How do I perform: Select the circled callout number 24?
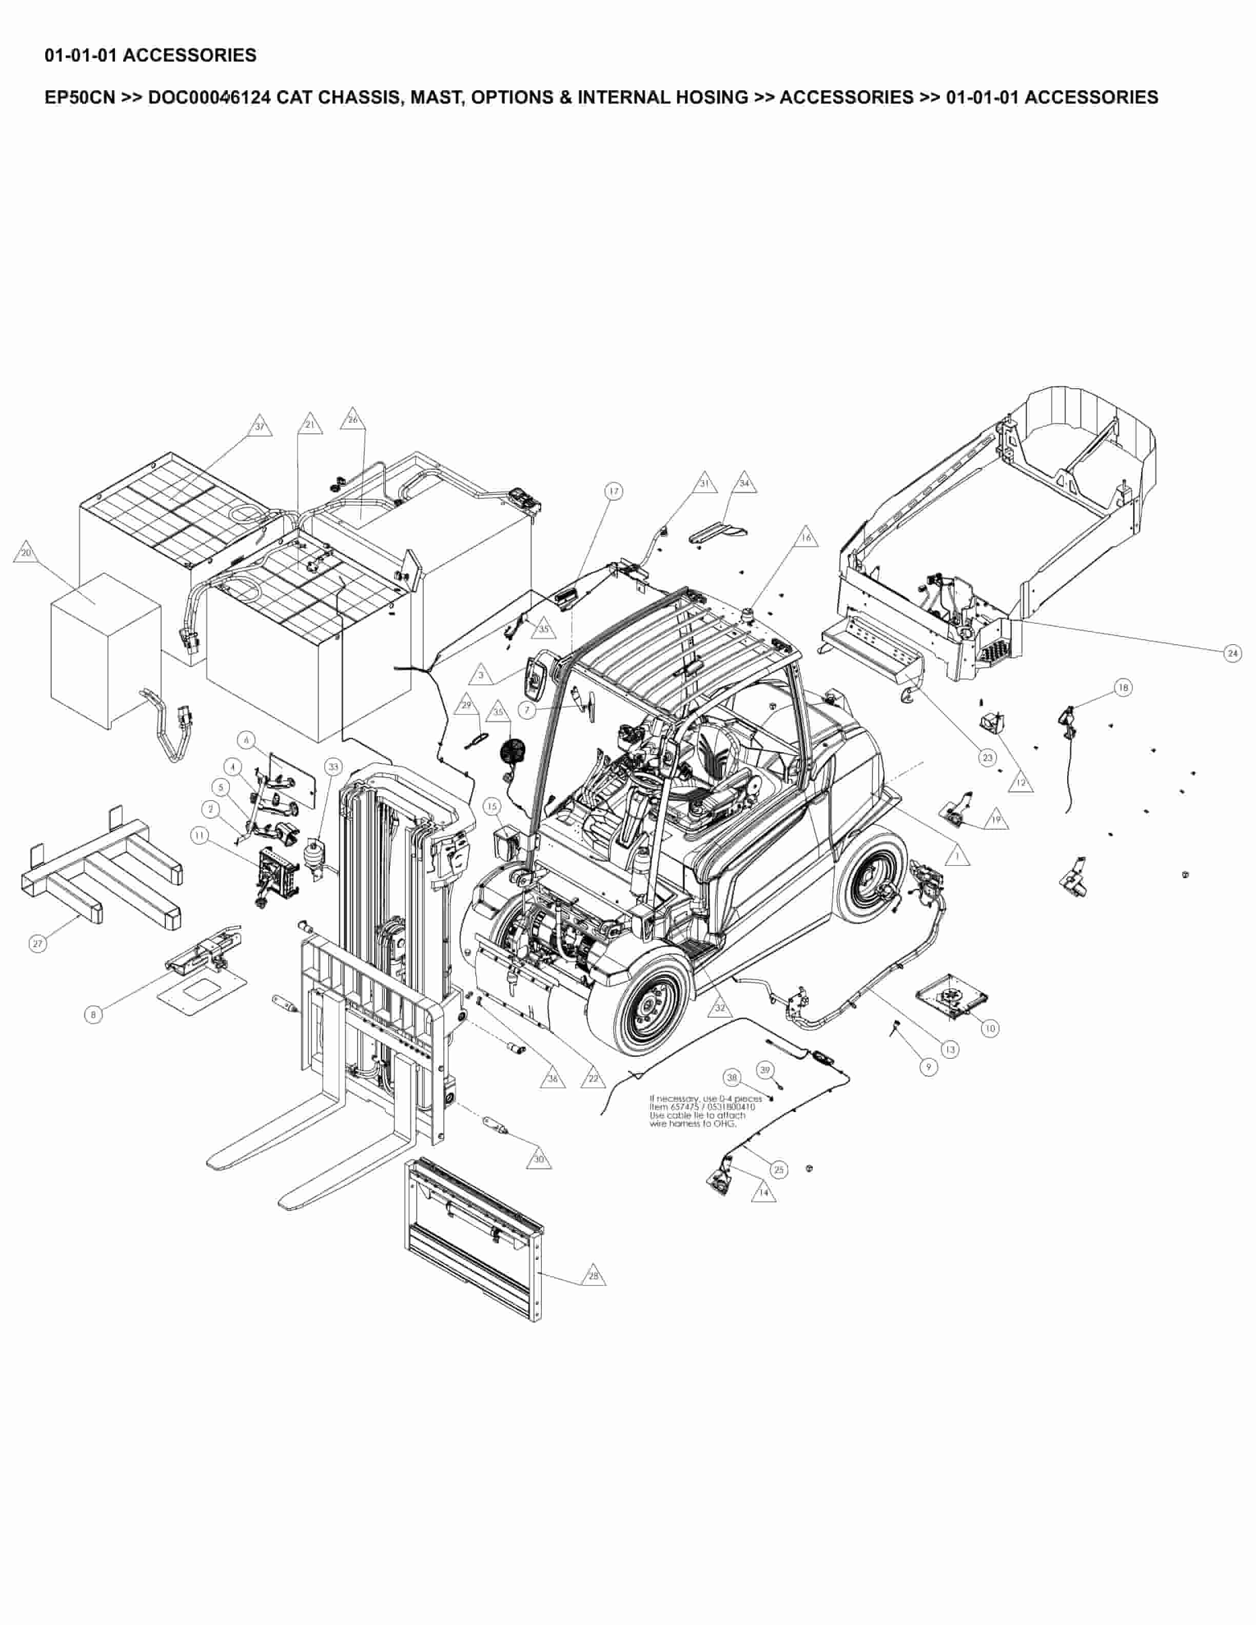[1233, 653]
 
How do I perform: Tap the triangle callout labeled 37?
[260, 427]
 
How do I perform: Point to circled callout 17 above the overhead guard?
[613, 491]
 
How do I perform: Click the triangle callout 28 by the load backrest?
[593, 1275]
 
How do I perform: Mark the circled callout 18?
[1123, 687]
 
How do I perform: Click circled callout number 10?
[989, 1028]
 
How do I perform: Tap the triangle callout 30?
[539, 1159]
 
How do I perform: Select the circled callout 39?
[765, 1070]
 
